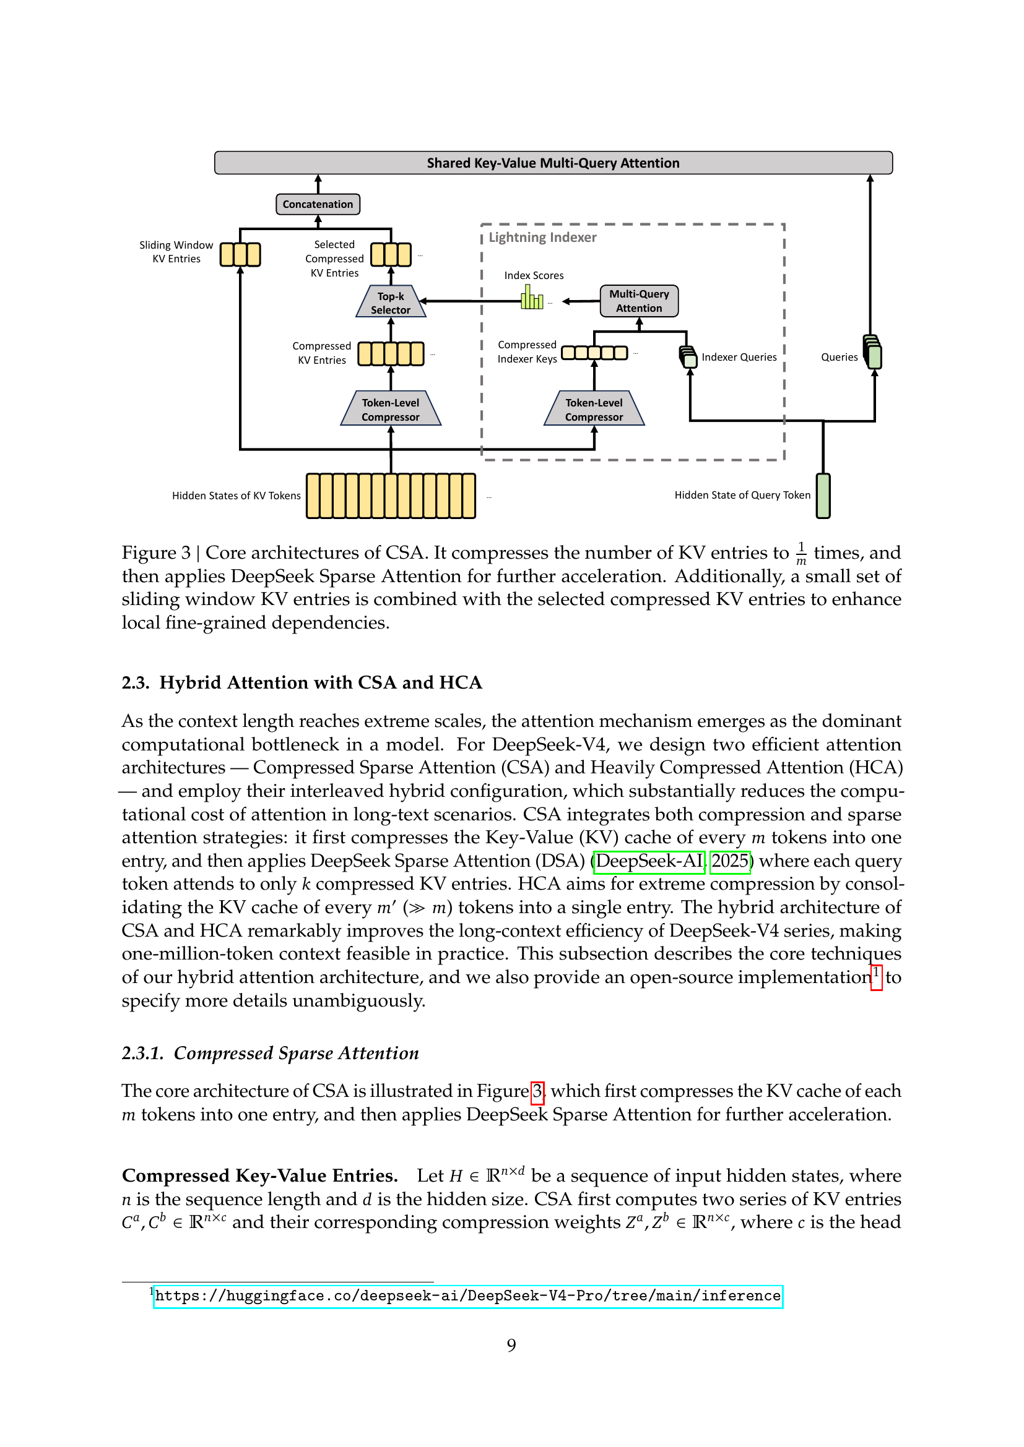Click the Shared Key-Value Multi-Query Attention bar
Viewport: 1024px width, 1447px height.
click(x=553, y=163)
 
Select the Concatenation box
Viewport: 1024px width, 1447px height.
click(x=318, y=204)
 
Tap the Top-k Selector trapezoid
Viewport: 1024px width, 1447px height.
click(x=390, y=303)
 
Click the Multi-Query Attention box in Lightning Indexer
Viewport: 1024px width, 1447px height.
click(x=639, y=301)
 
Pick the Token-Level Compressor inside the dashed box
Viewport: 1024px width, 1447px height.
click(x=593, y=410)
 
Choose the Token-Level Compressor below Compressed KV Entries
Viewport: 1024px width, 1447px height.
click(x=390, y=410)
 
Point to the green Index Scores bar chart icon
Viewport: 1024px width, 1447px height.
click(x=532, y=298)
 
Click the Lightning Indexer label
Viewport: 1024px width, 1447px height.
click(x=542, y=238)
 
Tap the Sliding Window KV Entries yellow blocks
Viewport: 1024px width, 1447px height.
click(x=240, y=255)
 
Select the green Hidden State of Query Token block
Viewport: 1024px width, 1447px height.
click(x=823, y=496)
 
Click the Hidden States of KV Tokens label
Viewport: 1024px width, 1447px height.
click(x=236, y=496)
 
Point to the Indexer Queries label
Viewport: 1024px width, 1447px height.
click(x=739, y=358)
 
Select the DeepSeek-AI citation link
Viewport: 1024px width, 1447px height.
click(x=649, y=861)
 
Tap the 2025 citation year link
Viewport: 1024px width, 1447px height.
click(x=730, y=861)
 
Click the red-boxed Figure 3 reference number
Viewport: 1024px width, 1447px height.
click(x=537, y=1091)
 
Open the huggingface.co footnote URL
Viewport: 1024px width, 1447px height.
click(x=468, y=1296)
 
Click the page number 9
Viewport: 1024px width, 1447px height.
click(x=511, y=1346)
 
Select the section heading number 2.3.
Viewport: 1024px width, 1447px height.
click(x=135, y=683)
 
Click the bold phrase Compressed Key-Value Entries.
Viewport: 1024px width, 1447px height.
click(x=260, y=1176)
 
